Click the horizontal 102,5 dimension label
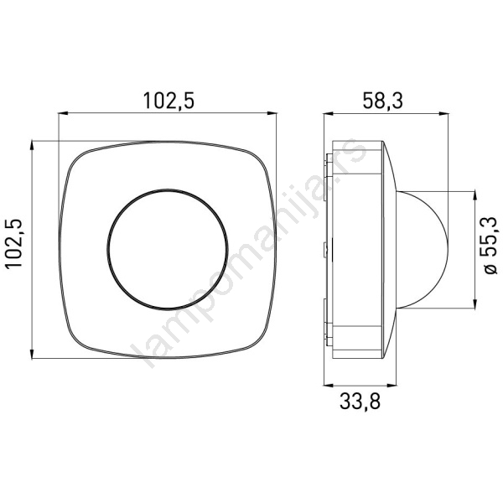coord(169,101)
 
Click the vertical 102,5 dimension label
coord(13,243)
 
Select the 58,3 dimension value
coord(382,101)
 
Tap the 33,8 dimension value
coord(360,401)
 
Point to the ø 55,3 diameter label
coord(490,246)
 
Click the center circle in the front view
coord(168,249)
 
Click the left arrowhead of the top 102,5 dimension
coord(63,113)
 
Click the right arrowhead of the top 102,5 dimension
coord(272,113)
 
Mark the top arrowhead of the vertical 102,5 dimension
coord(32,146)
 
